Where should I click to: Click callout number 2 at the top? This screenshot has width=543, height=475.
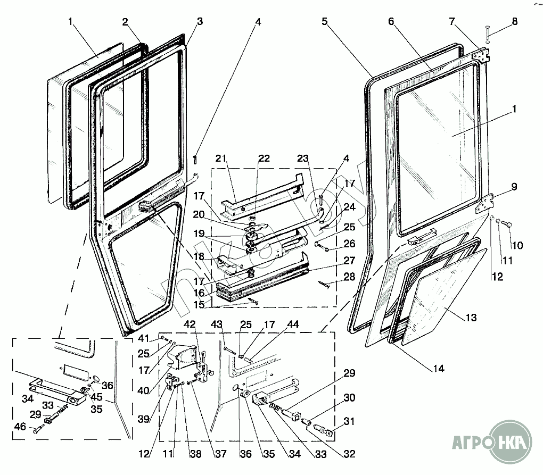[x=125, y=22]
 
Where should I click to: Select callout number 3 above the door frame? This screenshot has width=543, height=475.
[x=200, y=22]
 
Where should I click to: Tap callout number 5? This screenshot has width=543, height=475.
[x=325, y=22]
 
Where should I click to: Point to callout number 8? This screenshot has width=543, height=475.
[x=514, y=22]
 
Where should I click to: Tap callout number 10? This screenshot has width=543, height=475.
[x=518, y=245]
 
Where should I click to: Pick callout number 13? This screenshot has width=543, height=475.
[x=471, y=318]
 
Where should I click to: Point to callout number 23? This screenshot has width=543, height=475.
[x=302, y=159]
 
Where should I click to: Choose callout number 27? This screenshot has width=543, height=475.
[x=349, y=261]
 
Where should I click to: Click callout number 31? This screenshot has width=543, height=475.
[x=349, y=422]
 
